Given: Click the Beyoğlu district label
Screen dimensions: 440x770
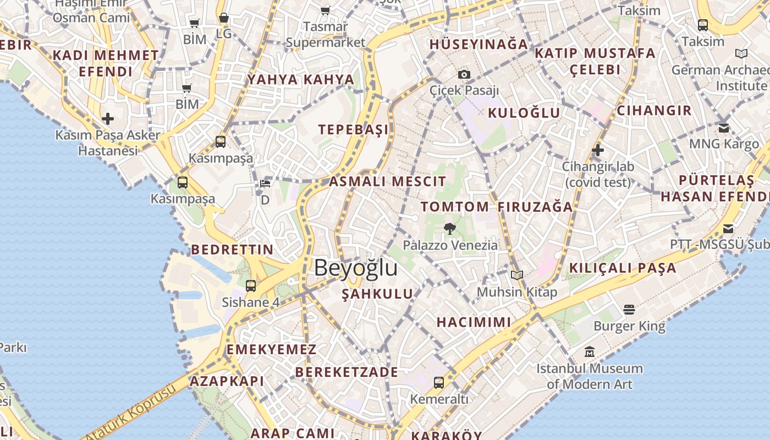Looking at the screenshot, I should coord(355,268).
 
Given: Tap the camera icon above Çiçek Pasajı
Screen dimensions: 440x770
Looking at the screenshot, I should coord(464,74).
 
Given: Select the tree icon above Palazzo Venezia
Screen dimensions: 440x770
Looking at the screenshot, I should coord(450,228).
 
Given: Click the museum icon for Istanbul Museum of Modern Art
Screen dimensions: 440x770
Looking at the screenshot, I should coord(590,351).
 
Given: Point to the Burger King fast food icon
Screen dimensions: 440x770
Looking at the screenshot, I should coord(629,310).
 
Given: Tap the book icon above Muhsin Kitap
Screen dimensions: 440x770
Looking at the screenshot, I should coord(516,275).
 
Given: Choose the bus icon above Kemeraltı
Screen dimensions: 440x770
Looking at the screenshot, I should coord(439,382).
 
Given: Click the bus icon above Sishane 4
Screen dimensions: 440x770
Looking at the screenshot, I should coord(251,285).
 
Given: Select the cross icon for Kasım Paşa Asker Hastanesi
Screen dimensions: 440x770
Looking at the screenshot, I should coord(108,118).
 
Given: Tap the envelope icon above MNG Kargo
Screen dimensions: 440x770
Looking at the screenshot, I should coord(724,128).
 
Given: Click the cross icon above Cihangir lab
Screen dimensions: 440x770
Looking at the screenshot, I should coord(598,150).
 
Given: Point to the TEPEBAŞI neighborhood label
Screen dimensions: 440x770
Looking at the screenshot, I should coord(353,129).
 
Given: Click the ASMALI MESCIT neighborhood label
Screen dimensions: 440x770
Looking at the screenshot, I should coord(388,182).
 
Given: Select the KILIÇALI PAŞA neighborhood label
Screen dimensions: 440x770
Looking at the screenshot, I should coord(623,268).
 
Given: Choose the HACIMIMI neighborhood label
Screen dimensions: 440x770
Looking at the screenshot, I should coord(474,322).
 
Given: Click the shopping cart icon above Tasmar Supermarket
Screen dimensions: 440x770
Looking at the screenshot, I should coord(326,10).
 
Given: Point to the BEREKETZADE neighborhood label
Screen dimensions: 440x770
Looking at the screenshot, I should coord(346,372).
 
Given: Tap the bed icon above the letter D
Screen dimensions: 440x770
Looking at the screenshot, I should coord(265,184).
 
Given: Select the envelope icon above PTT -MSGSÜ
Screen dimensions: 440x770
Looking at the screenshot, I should coord(728,228).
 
